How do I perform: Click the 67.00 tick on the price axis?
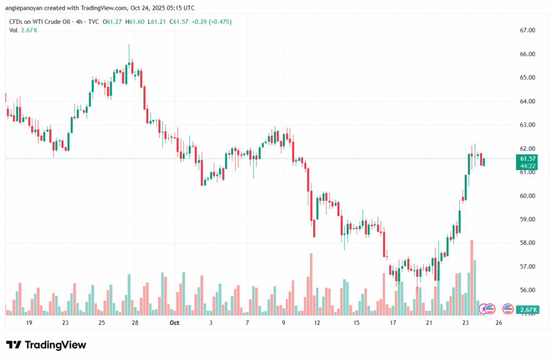click(527, 30)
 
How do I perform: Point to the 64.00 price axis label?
click(527, 101)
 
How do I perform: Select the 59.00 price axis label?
click(527, 219)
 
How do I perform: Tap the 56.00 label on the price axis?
click(527, 290)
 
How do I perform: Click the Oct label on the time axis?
click(174, 323)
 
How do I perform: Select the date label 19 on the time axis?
click(29, 323)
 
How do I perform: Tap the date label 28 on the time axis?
click(135, 323)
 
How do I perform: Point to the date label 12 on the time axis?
click(317, 323)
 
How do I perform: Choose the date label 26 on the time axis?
click(499, 323)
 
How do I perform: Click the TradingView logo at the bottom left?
click(46, 345)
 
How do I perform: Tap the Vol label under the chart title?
click(14, 30)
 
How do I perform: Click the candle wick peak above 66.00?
click(129, 45)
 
